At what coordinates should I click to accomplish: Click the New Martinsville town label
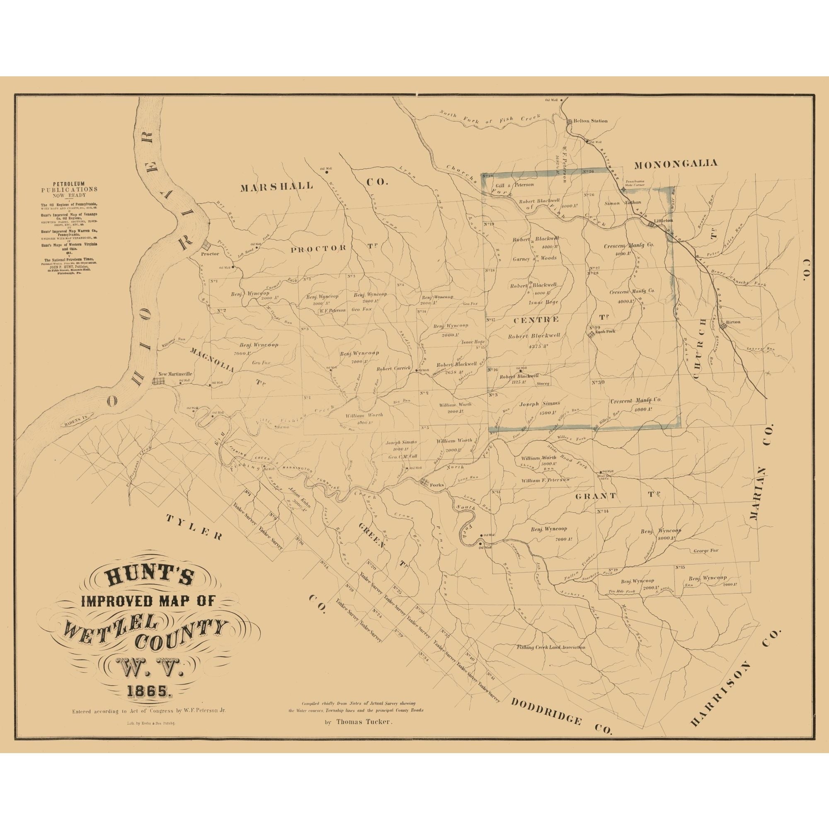tap(175, 374)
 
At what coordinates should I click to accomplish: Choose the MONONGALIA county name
tap(675, 163)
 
